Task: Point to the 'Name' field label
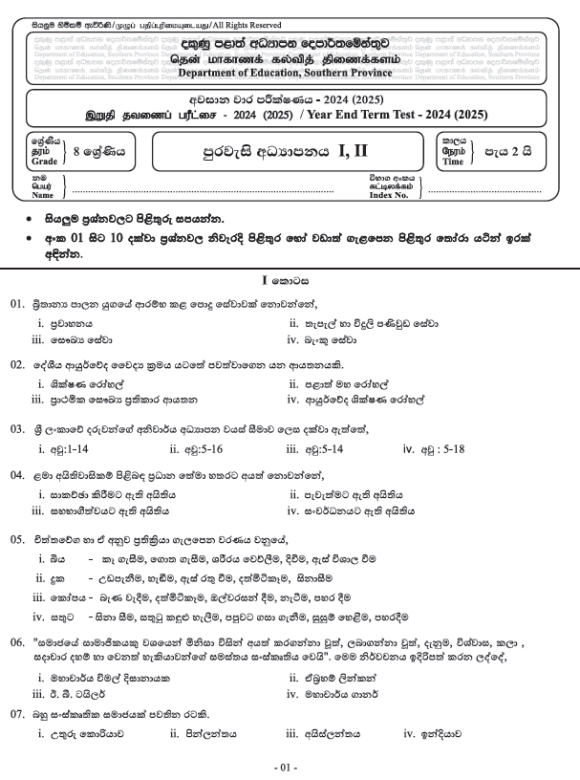[x=42, y=195]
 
